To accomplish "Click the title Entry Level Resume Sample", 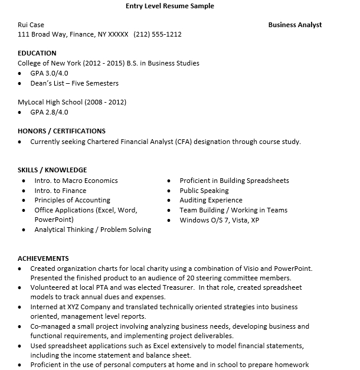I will pyautogui.click(x=170, y=6).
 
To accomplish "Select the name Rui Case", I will pyautogui.click(x=31, y=25).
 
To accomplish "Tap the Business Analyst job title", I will pyautogui.click(x=294, y=25).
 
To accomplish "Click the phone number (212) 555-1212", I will pyautogui.click(x=158, y=34).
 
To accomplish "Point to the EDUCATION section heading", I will pyautogui.click(x=37, y=53).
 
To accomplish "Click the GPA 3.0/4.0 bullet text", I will pyautogui.click(x=50, y=73).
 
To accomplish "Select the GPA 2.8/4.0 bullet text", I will pyautogui.click(x=50, y=112).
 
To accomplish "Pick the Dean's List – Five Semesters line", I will pyautogui.click(x=74, y=83).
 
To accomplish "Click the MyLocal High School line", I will pyautogui.click(x=72, y=102).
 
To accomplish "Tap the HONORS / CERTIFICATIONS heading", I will pyautogui.click(x=61, y=131).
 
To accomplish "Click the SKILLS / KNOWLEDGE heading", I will pyautogui.click(x=52, y=170).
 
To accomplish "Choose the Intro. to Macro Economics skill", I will pyautogui.click(x=76, y=181).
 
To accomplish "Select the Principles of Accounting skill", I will pyautogui.click(x=72, y=200).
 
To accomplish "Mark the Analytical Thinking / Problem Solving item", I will pyautogui.click(x=93, y=230).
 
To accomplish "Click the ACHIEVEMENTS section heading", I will pyautogui.click(x=43, y=258).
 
